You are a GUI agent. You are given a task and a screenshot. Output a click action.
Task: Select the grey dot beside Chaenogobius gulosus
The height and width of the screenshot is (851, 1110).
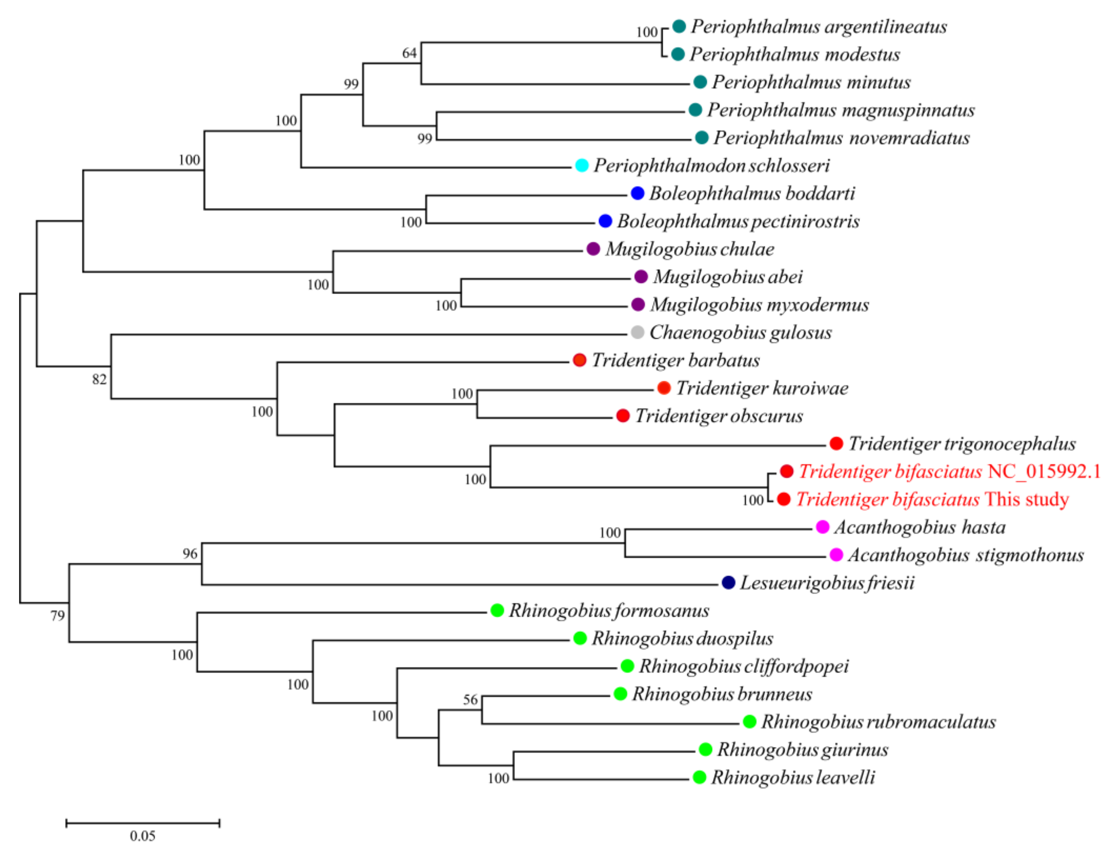(637, 332)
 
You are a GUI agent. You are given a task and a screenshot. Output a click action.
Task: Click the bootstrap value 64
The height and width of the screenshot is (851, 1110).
(409, 53)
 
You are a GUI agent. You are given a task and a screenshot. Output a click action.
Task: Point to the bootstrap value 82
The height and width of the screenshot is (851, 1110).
(99, 379)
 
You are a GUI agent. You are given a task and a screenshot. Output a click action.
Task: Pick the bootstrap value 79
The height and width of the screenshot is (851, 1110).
(57, 616)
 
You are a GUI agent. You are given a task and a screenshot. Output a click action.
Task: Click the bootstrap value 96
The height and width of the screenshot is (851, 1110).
(190, 554)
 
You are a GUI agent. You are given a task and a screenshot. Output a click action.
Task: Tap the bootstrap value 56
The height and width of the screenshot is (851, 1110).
(470, 700)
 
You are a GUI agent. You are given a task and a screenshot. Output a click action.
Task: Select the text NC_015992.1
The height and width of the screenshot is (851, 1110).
(1044, 472)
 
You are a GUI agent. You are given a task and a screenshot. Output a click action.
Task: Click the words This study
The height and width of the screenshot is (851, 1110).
(1027, 499)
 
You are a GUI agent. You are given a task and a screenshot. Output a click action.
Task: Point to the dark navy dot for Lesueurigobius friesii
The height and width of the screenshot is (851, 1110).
(728, 583)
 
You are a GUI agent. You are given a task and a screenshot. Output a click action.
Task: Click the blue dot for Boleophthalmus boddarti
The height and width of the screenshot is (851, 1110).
(637, 193)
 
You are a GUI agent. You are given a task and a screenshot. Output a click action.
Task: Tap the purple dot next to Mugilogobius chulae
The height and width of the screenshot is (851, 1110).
(593, 249)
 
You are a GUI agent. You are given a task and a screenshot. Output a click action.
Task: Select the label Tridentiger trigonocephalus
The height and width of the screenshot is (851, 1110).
(962, 444)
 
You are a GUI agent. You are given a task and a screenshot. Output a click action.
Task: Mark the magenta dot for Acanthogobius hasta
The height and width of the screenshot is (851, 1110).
(822, 527)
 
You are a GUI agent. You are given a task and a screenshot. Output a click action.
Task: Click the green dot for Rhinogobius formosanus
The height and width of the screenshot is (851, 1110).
(497, 611)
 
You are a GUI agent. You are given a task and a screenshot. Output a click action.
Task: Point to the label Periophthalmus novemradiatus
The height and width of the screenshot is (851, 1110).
(841, 138)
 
